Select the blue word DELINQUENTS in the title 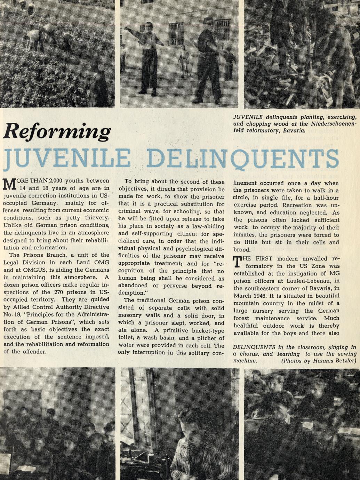pos(243,158)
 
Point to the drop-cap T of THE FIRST pos(237,262)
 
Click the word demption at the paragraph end pos(131,293)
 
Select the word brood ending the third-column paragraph pos(242,250)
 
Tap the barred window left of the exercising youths pos(176,33)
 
